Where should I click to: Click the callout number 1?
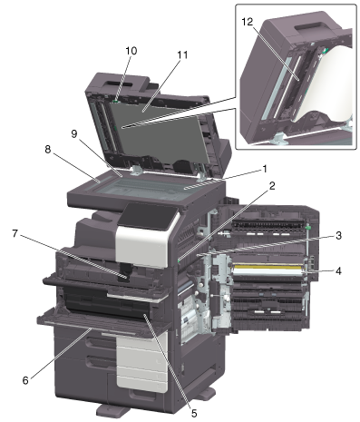click(265, 169)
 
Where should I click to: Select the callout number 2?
click(272, 186)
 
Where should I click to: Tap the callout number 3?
click(338, 235)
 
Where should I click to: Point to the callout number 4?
click(338, 271)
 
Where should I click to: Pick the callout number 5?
click(193, 413)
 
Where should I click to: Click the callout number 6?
click(25, 380)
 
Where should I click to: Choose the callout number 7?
click(15, 233)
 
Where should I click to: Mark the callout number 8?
click(48, 150)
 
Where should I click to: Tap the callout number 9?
click(74, 133)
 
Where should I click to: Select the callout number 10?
click(131, 51)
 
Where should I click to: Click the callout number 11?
click(182, 55)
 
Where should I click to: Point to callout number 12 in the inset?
click(247, 22)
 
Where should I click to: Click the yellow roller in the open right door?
click(268, 267)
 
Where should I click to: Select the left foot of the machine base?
click(112, 410)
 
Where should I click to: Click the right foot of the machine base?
click(206, 394)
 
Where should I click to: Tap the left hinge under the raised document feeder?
click(137, 170)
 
